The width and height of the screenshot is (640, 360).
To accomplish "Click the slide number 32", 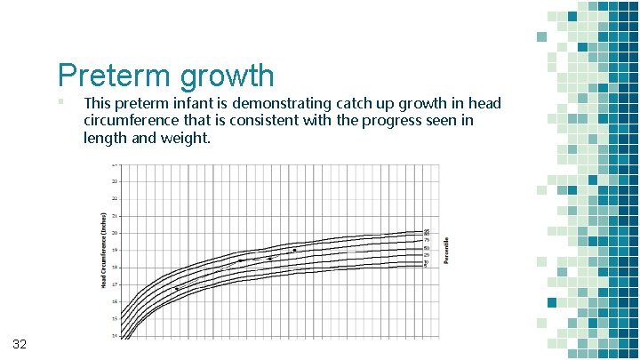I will [x=21, y=344].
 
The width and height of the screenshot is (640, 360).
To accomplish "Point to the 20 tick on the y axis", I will [x=115, y=233].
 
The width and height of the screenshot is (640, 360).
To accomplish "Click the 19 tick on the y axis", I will [x=115, y=250].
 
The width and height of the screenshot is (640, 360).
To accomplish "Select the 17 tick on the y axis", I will [x=115, y=284].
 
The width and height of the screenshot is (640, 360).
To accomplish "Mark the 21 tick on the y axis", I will [x=115, y=216].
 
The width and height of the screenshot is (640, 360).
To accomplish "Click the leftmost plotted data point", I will [x=176, y=289].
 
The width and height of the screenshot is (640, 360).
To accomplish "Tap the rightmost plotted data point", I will [x=294, y=251].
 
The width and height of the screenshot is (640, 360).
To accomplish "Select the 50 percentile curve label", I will [x=427, y=248].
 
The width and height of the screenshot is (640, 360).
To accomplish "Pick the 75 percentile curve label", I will [x=427, y=240].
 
